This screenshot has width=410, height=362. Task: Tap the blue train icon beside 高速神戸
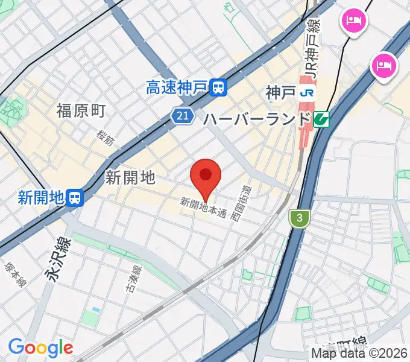point(219,89)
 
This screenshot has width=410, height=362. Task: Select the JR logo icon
point(308,93)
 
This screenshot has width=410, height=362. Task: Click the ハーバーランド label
point(256,118)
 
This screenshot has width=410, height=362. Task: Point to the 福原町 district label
point(81,110)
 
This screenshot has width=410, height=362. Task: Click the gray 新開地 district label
point(130,177)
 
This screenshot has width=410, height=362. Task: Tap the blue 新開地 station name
point(41,197)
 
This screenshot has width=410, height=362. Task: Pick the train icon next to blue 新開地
point(75,197)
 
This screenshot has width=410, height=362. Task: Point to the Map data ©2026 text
point(359,353)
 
